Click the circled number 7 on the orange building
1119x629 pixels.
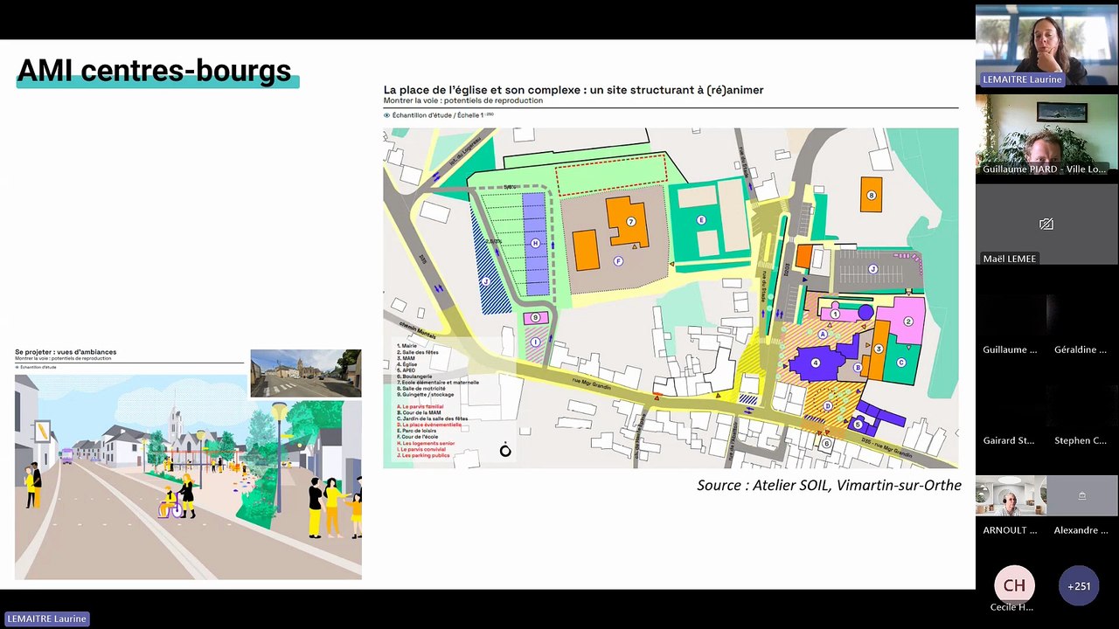[x=630, y=221]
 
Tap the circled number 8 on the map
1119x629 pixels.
[x=870, y=195]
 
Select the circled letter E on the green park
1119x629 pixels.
[x=701, y=221]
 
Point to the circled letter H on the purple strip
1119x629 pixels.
[x=535, y=244]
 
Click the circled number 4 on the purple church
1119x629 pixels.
[x=816, y=363]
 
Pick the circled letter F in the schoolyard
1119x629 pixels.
[x=618, y=261]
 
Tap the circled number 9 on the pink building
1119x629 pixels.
[x=536, y=318]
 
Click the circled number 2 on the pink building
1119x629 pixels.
[x=907, y=321]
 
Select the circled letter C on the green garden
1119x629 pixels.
[x=901, y=362]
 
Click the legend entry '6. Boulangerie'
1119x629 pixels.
[x=419, y=377]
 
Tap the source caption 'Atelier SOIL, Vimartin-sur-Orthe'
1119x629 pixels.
[x=829, y=485]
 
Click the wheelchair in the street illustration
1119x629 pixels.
[x=169, y=506]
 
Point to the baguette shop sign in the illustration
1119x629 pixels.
[x=41, y=431]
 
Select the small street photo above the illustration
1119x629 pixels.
[x=305, y=373]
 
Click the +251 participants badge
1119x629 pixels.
[x=1079, y=586]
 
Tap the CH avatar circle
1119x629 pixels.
[x=1014, y=585]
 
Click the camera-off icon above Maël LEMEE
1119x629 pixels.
[x=1046, y=225]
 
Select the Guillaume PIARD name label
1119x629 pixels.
[x=1044, y=169]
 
